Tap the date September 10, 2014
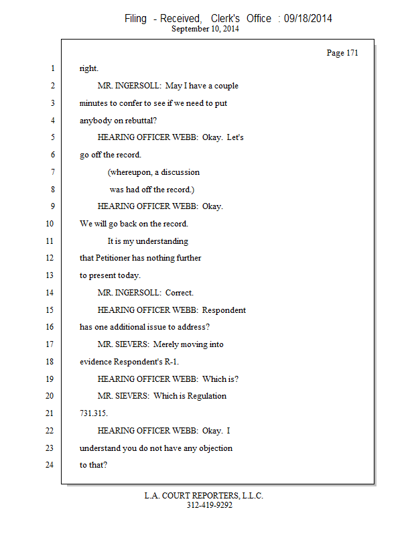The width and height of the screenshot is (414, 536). point(206,29)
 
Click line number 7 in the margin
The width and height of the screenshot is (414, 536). point(51,172)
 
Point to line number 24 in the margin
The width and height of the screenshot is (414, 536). point(49,465)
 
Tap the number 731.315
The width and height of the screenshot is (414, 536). point(93,413)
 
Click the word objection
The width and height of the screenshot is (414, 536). point(212,448)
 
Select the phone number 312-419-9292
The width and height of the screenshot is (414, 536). point(210,505)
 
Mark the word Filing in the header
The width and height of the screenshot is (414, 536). point(135,18)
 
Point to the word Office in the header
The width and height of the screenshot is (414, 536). point(258,18)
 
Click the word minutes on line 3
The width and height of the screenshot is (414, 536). point(93,103)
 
